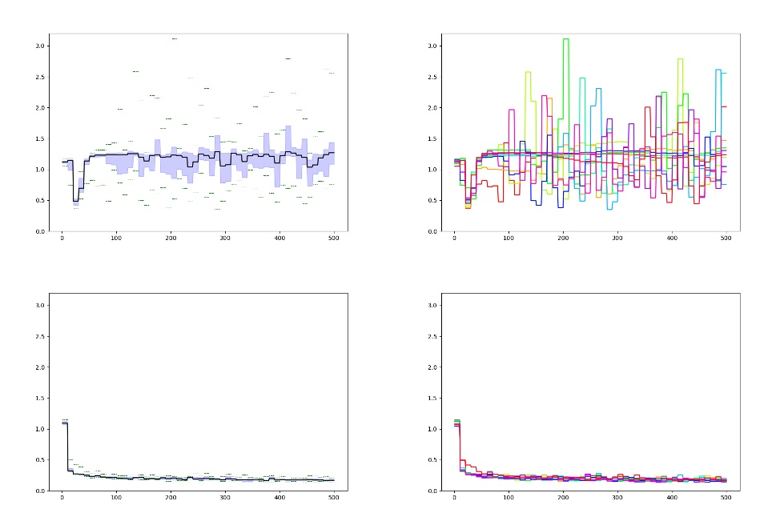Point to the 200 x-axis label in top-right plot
coord(563,237)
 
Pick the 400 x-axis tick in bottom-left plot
coord(279,496)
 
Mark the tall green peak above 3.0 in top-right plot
coord(566,39)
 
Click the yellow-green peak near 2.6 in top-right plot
coord(528,72)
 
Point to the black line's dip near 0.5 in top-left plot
coord(75,200)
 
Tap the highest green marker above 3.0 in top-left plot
coord(174,38)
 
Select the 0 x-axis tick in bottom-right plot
coord(454,496)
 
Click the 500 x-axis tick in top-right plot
coord(726,237)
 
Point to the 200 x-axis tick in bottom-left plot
coord(171,496)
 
